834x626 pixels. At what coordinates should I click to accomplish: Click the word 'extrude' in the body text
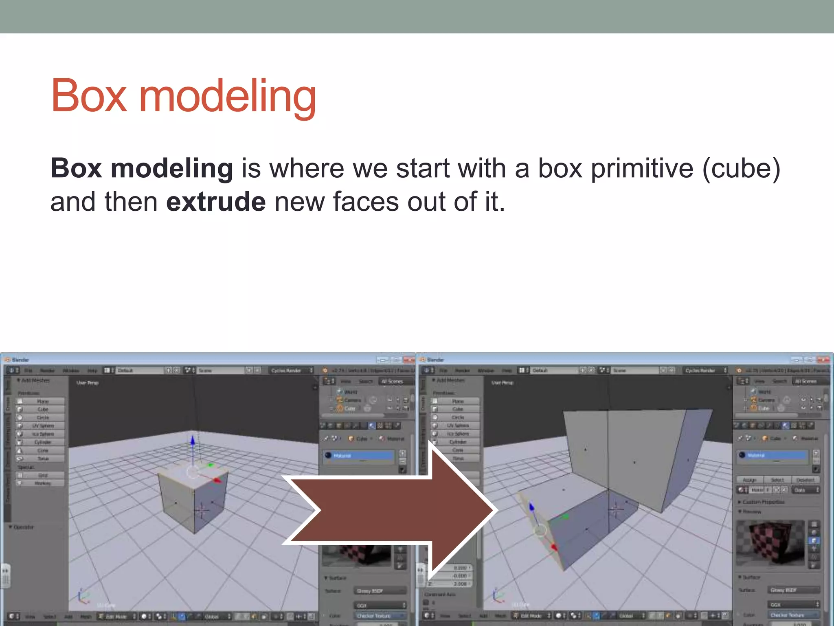(216, 202)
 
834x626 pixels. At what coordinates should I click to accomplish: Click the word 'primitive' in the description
(642, 168)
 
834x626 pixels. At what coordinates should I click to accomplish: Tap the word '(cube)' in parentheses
(741, 168)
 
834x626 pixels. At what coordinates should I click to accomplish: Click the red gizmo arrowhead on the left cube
(217, 481)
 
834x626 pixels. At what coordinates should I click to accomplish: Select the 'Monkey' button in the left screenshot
(42, 483)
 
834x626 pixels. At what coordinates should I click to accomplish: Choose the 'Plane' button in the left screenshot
(42, 401)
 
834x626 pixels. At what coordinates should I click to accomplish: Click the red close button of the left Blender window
(408, 360)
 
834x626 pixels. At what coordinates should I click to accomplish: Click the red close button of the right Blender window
(823, 360)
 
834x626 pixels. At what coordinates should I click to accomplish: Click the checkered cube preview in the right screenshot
(770, 542)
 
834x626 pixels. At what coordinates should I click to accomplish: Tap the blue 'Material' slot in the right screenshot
(772, 455)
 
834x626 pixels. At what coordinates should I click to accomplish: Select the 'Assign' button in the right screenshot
(749, 480)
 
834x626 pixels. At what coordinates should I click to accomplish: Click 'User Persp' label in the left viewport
(88, 383)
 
